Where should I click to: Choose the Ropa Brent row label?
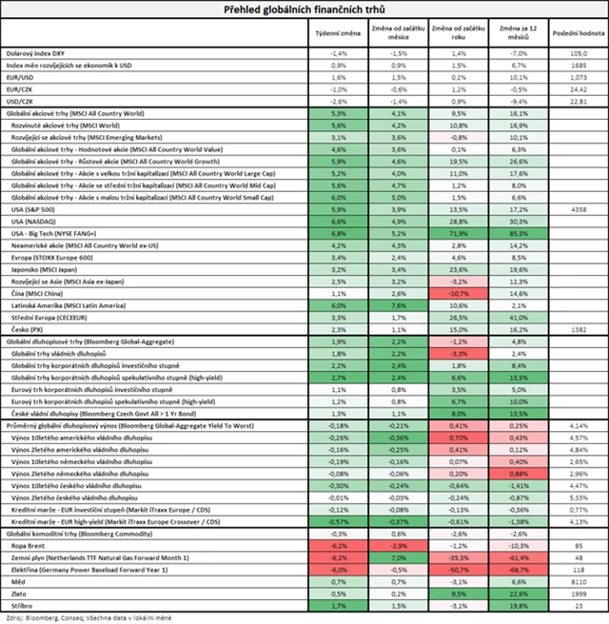point(29,546)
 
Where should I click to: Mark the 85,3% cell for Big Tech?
point(519,233)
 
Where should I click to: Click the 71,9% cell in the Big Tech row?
point(460,233)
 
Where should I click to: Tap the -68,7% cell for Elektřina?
point(519,567)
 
